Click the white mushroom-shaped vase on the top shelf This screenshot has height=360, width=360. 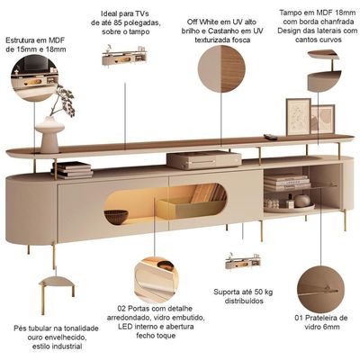tap(49, 135)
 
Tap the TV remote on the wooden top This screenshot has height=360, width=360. tap(270, 137)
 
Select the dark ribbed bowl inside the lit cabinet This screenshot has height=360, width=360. tap(116, 217)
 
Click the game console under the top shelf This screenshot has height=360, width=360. tap(204, 160)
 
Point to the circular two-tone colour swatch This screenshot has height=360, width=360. tap(221, 68)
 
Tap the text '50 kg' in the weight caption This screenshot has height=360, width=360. tap(264, 292)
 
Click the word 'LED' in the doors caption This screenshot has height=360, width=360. tap(124, 327)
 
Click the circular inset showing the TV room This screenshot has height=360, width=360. tap(34, 78)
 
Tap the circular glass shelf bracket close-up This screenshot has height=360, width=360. tap(320, 289)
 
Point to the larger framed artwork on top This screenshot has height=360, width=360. tap(298, 117)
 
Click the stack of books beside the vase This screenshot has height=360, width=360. tap(72, 170)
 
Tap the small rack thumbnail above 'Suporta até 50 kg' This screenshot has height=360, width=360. tap(243, 262)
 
